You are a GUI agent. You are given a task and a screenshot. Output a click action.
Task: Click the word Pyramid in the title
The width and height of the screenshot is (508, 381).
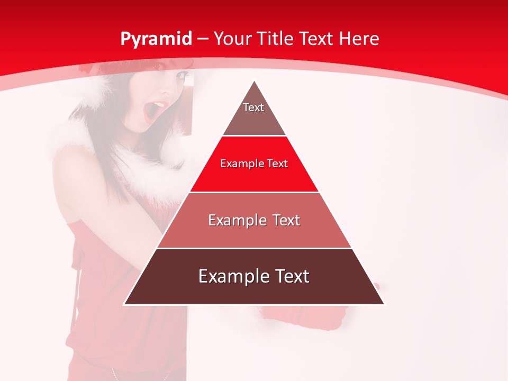156,39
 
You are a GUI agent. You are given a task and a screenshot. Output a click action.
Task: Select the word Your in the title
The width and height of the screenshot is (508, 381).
231,39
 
